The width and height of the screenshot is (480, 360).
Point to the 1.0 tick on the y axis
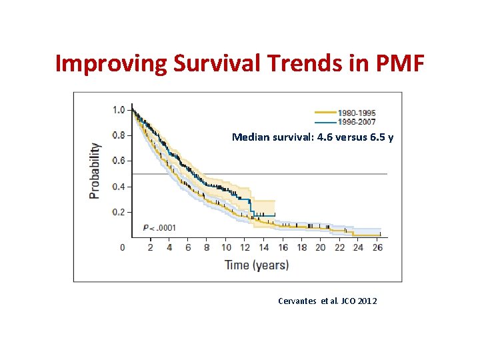tap(118, 109)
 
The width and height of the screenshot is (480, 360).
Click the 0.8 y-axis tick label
tap(118, 135)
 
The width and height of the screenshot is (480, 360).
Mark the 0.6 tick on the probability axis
tap(118, 161)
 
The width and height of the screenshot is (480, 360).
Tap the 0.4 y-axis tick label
tap(118, 187)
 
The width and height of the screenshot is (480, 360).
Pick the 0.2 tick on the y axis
tap(118, 212)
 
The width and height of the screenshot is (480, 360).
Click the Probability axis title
tap(95, 171)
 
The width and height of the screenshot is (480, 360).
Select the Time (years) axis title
tap(257, 265)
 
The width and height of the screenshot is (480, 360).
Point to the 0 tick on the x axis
tap(122, 247)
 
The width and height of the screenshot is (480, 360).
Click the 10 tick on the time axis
tap(226, 247)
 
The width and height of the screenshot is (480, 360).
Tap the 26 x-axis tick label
tap(377, 247)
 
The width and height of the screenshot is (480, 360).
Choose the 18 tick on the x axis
tap(301, 247)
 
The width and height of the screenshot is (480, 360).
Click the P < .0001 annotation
tap(159, 228)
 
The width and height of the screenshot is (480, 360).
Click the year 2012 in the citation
tap(367, 301)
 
